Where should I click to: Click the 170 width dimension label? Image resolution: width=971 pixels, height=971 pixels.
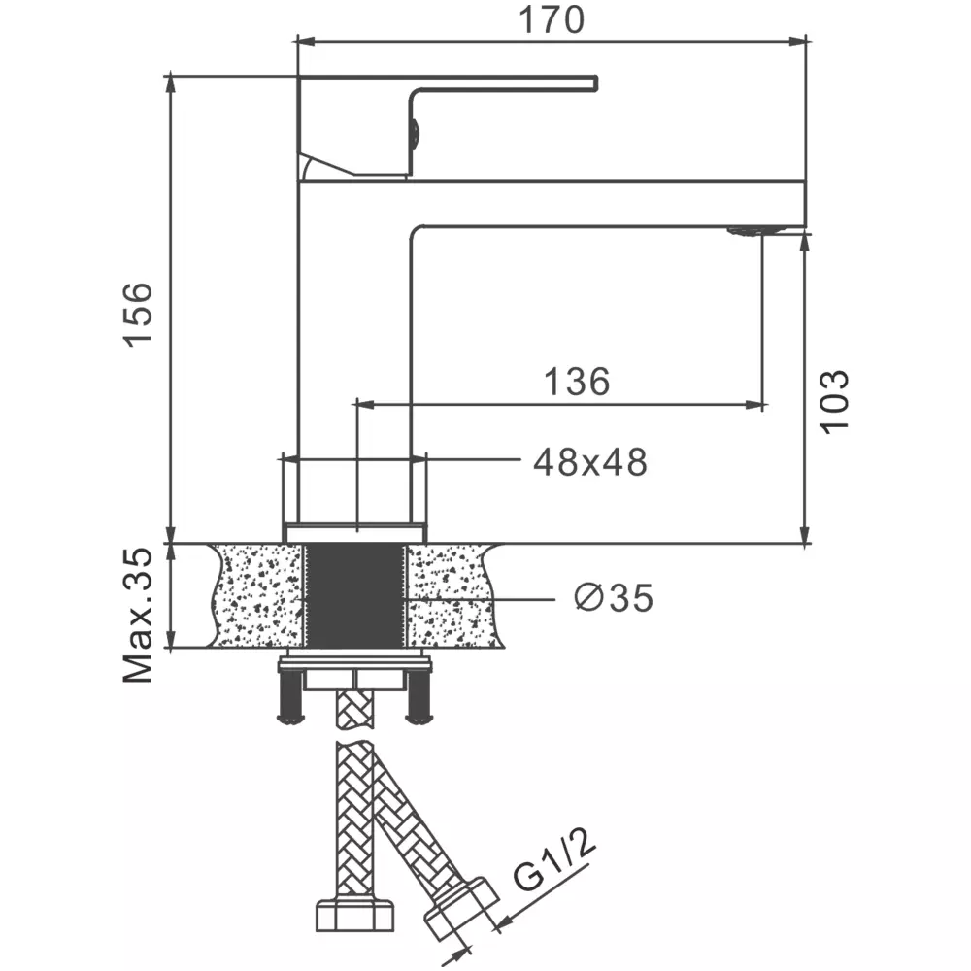[552, 19]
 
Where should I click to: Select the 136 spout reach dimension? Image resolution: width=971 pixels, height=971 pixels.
[577, 381]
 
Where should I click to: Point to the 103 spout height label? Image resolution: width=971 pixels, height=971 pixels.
[834, 401]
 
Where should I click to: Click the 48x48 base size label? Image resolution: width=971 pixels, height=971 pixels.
[590, 462]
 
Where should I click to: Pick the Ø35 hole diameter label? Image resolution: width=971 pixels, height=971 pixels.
[614, 597]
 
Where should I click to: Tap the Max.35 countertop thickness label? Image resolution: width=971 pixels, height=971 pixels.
[138, 615]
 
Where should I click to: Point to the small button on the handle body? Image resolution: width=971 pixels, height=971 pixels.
[415, 133]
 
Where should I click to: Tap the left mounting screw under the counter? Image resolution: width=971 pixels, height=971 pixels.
[290, 698]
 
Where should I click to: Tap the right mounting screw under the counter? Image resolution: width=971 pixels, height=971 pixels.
[419, 698]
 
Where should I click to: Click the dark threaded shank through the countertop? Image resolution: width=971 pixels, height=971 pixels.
[354, 596]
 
